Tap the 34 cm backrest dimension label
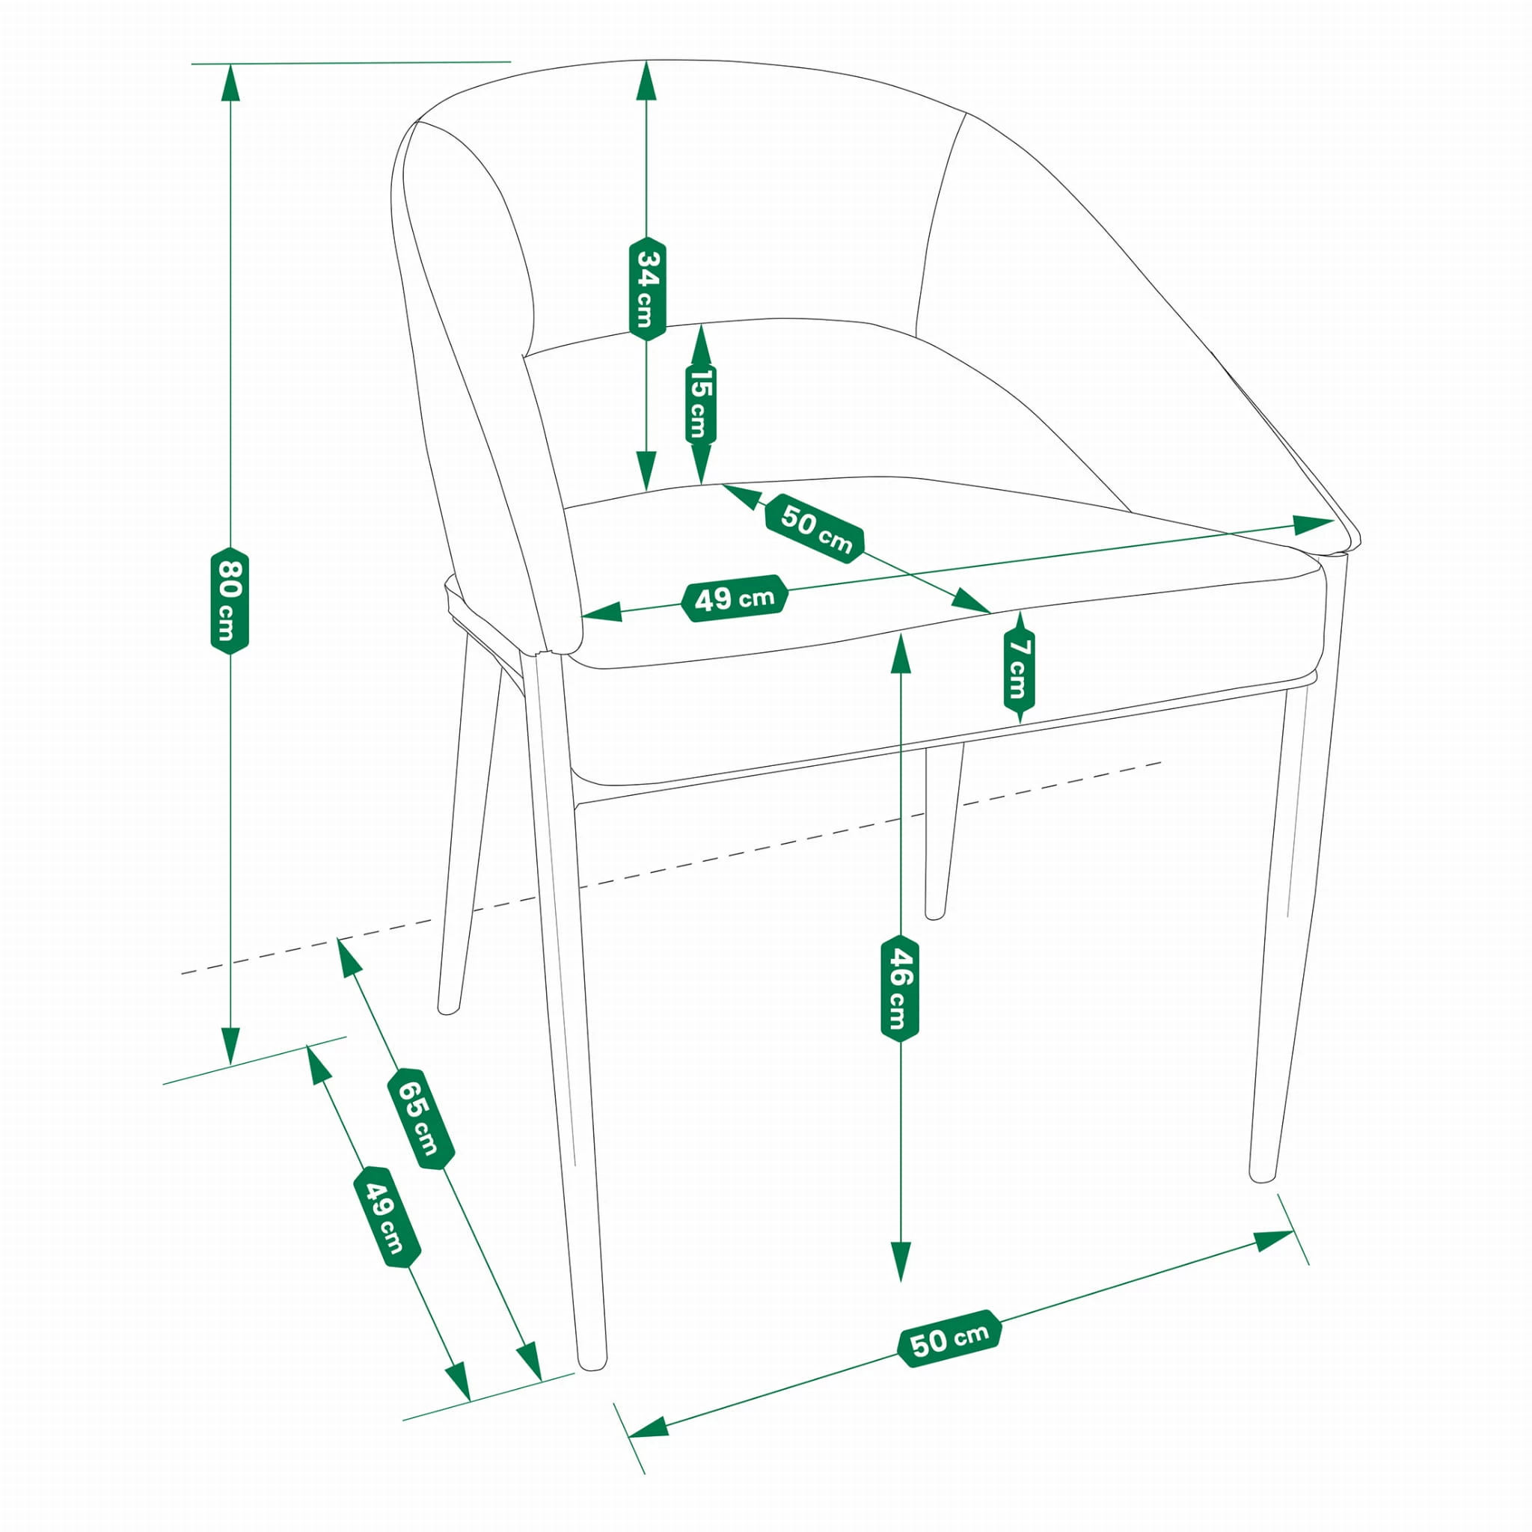(x=647, y=289)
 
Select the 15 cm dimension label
(x=700, y=405)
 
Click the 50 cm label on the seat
(x=815, y=528)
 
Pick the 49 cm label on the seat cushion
(x=735, y=598)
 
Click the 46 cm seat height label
(x=900, y=987)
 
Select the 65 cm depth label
(x=420, y=1119)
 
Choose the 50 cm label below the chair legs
(x=950, y=1338)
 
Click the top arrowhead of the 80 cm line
(x=230, y=82)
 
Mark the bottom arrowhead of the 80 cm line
(x=230, y=1046)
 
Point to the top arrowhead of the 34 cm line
(x=647, y=80)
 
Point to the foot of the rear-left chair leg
(x=449, y=1008)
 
